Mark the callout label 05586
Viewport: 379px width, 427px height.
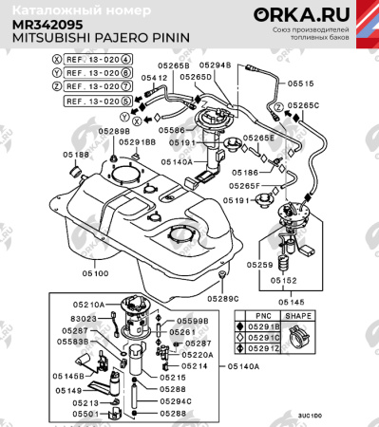click(173, 128)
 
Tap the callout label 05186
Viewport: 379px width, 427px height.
click(243, 175)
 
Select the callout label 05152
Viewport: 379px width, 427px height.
click(286, 281)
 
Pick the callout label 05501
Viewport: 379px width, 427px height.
click(85, 414)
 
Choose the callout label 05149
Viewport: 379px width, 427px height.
click(67, 390)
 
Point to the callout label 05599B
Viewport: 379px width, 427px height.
click(193, 322)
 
